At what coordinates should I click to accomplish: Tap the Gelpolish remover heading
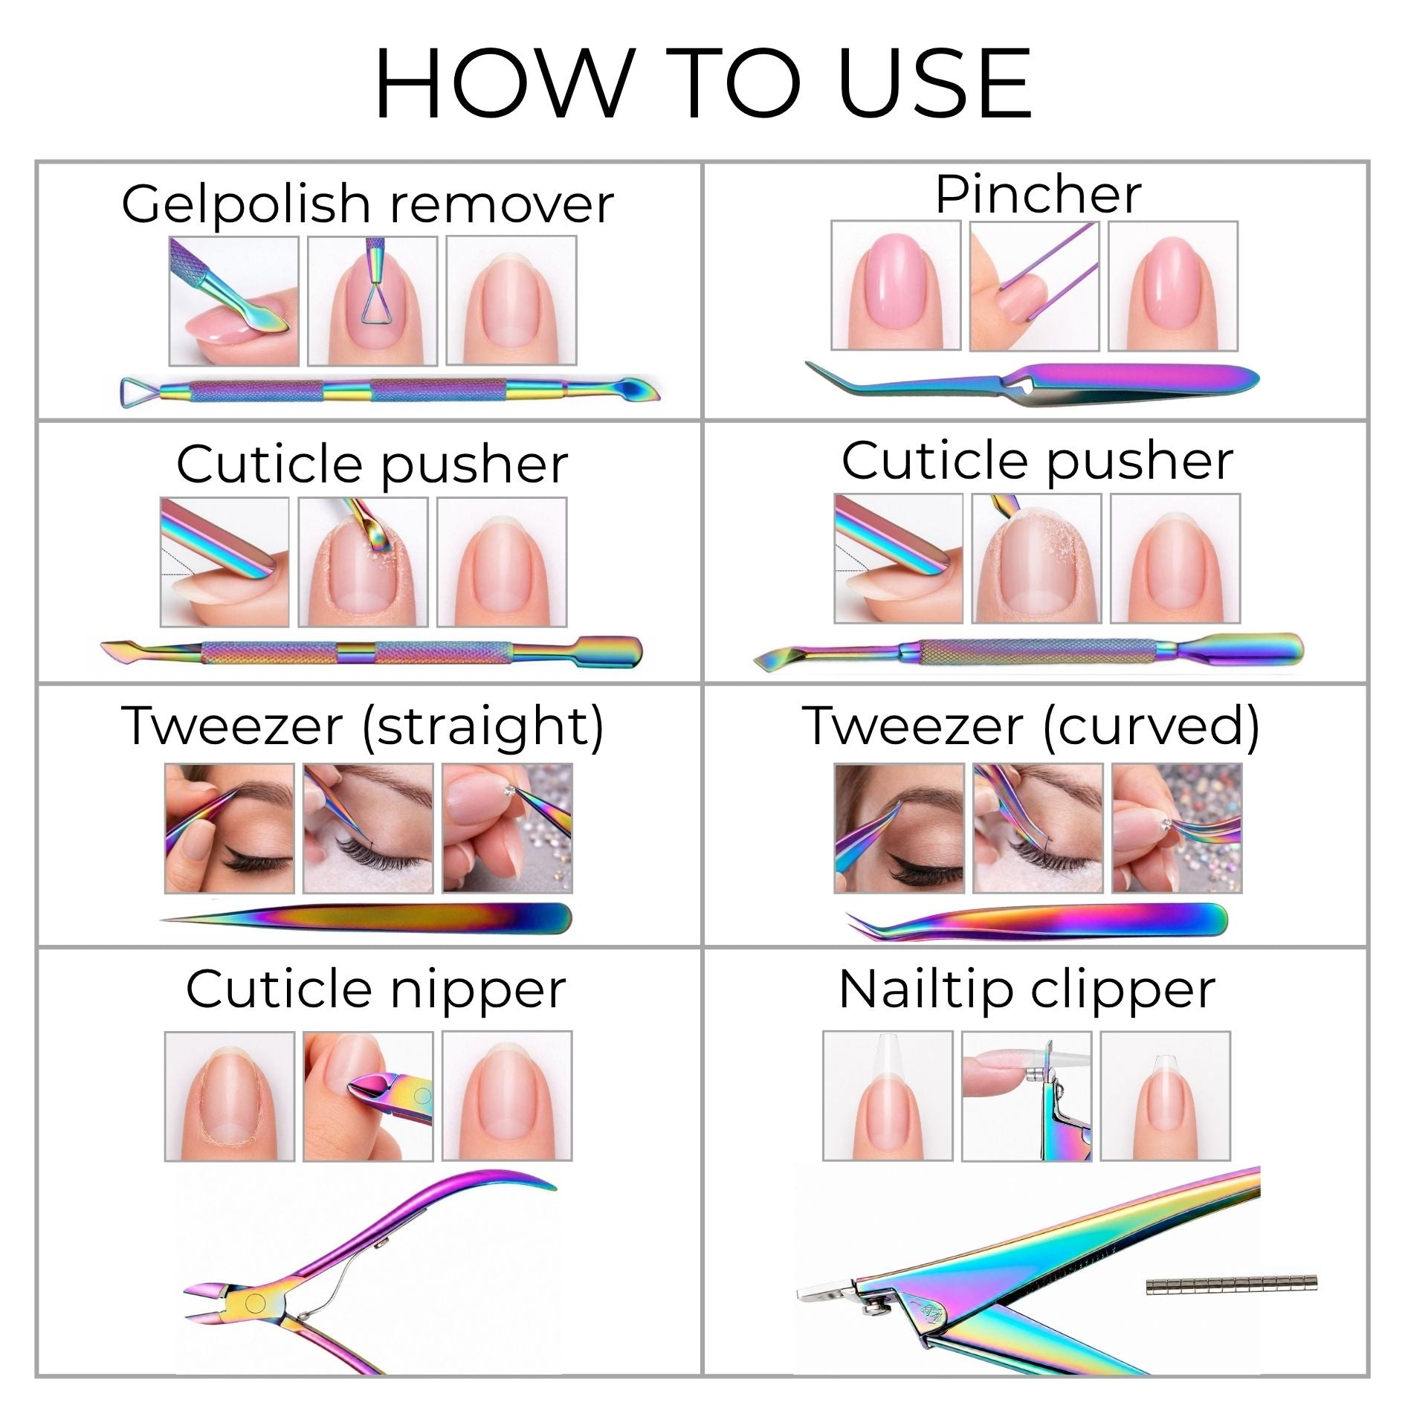click(x=367, y=204)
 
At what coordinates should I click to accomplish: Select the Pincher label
click(x=1038, y=194)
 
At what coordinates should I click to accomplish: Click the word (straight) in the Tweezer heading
click(x=482, y=726)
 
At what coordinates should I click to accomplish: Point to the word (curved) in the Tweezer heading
click(x=1152, y=726)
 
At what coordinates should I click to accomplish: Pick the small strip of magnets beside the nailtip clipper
click(x=1231, y=1283)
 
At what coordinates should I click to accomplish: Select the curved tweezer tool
click(x=1037, y=921)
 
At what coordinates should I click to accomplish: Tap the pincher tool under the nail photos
click(x=1032, y=382)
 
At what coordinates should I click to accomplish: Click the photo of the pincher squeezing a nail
click(x=1034, y=286)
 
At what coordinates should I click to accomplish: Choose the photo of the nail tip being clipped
click(x=1027, y=1096)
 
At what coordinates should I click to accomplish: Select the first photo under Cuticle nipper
click(x=230, y=1096)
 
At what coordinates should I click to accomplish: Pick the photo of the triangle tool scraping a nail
click(x=372, y=301)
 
